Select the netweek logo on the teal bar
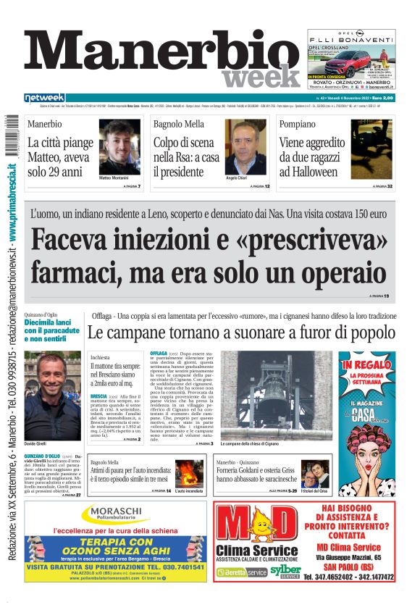click(x=45, y=98)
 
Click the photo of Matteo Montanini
click(x=119, y=147)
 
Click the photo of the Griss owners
click(x=314, y=474)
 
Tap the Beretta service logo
click(x=243, y=572)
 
